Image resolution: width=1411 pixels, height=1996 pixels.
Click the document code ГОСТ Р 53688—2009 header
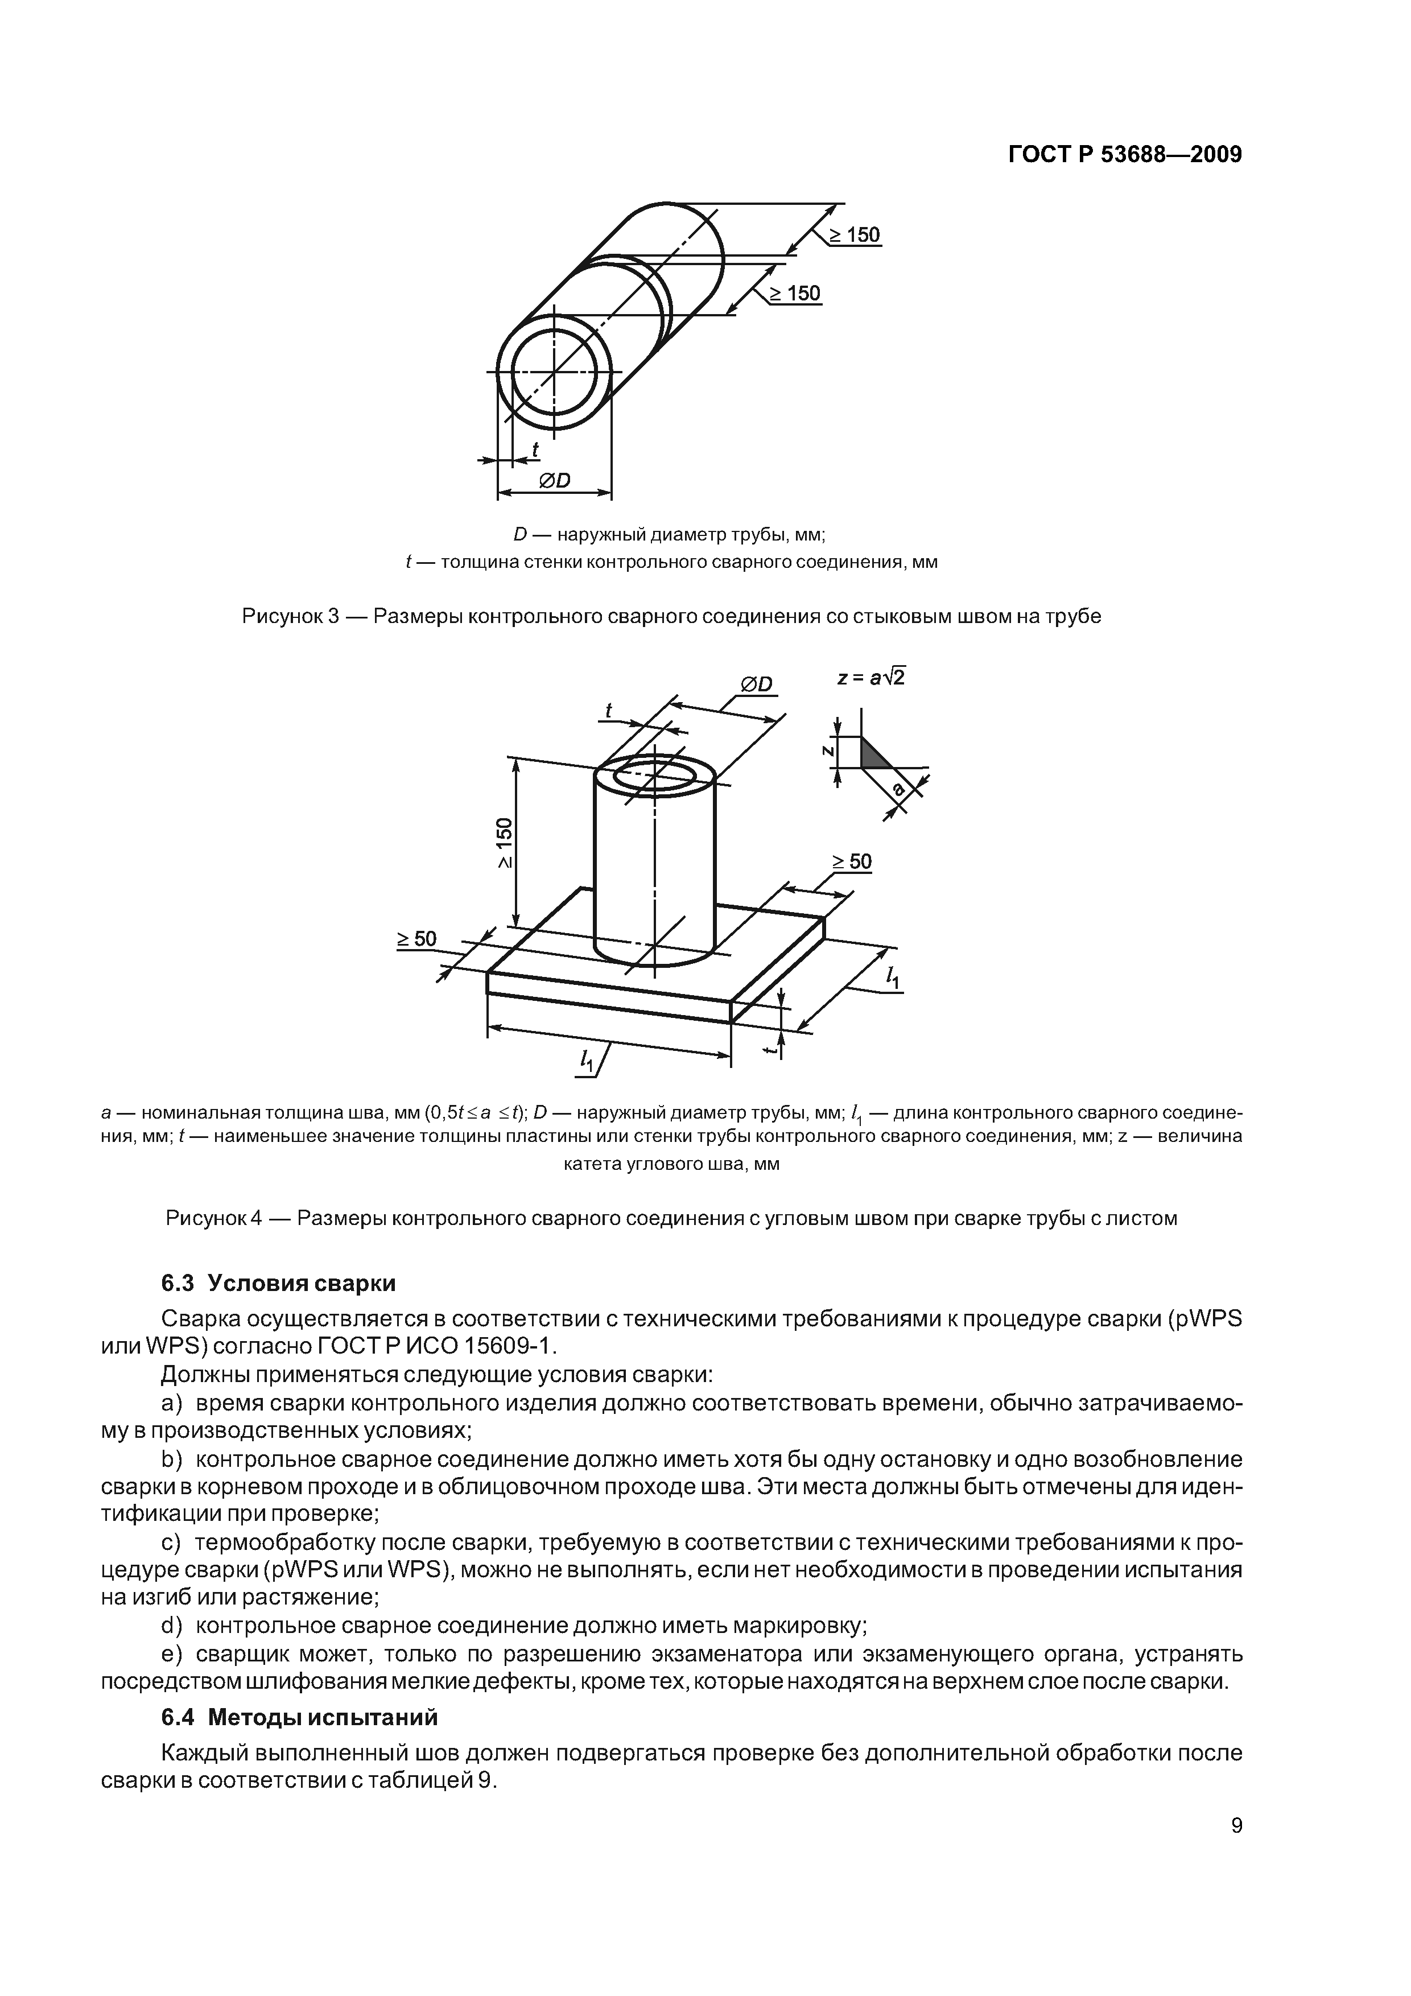click(1125, 155)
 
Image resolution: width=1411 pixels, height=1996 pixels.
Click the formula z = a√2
click(870, 677)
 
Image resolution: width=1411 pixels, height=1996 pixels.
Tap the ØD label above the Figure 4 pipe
click(756, 685)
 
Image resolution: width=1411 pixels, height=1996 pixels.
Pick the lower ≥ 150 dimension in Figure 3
click(793, 294)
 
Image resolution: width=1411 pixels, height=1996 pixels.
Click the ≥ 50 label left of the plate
click(417, 939)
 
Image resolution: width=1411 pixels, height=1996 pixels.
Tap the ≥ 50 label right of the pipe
click(852, 861)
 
